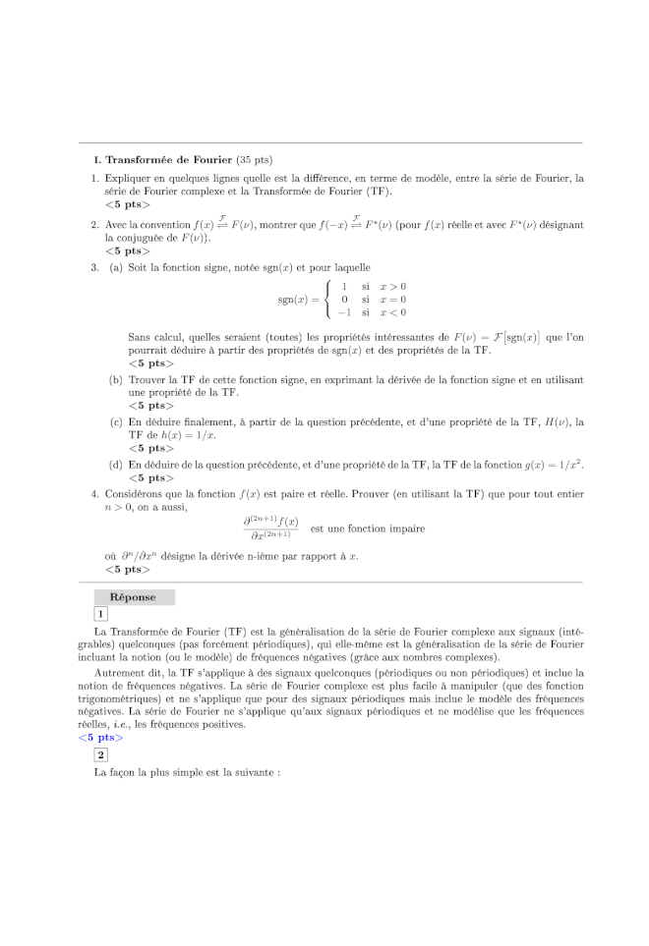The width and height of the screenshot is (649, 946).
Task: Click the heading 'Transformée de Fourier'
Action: pyautogui.click(x=168, y=159)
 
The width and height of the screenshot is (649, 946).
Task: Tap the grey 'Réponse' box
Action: pyautogui.click(x=134, y=596)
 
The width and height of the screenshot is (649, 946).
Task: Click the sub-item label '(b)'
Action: pyautogui.click(x=116, y=379)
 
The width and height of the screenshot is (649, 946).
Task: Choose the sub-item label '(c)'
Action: pyautogui.click(x=116, y=422)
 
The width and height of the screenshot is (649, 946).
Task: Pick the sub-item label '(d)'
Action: pyautogui.click(x=116, y=464)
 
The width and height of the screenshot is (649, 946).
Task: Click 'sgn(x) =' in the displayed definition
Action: pyautogui.click(x=298, y=299)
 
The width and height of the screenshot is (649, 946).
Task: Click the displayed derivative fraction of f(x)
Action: pyautogui.click(x=270, y=528)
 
